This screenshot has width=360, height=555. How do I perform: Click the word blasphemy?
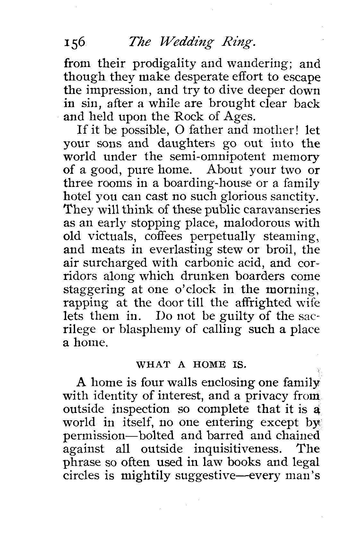point(148,329)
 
